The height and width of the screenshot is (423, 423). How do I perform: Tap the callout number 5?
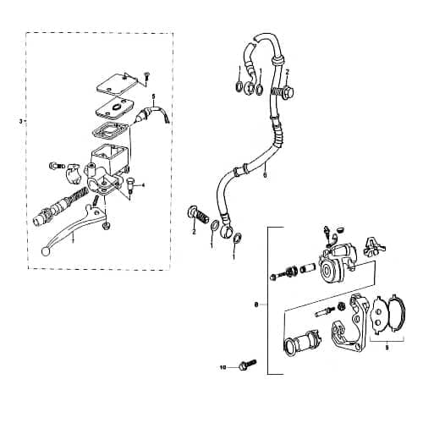[x=153, y=98]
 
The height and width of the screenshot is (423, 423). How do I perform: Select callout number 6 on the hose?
[x=266, y=175]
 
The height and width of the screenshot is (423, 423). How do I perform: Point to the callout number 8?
[x=256, y=303]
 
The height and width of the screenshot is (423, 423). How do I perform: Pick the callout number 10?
[x=222, y=368]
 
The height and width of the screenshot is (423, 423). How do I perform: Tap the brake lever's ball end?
[x=44, y=250]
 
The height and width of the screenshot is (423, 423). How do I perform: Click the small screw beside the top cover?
[x=146, y=75]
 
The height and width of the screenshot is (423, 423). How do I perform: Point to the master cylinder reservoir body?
[x=107, y=158]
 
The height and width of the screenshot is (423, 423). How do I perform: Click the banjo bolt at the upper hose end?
[x=286, y=91]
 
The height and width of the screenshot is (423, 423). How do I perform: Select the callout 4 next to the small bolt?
[x=144, y=184]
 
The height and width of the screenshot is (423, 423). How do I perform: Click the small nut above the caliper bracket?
[x=339, y=305]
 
